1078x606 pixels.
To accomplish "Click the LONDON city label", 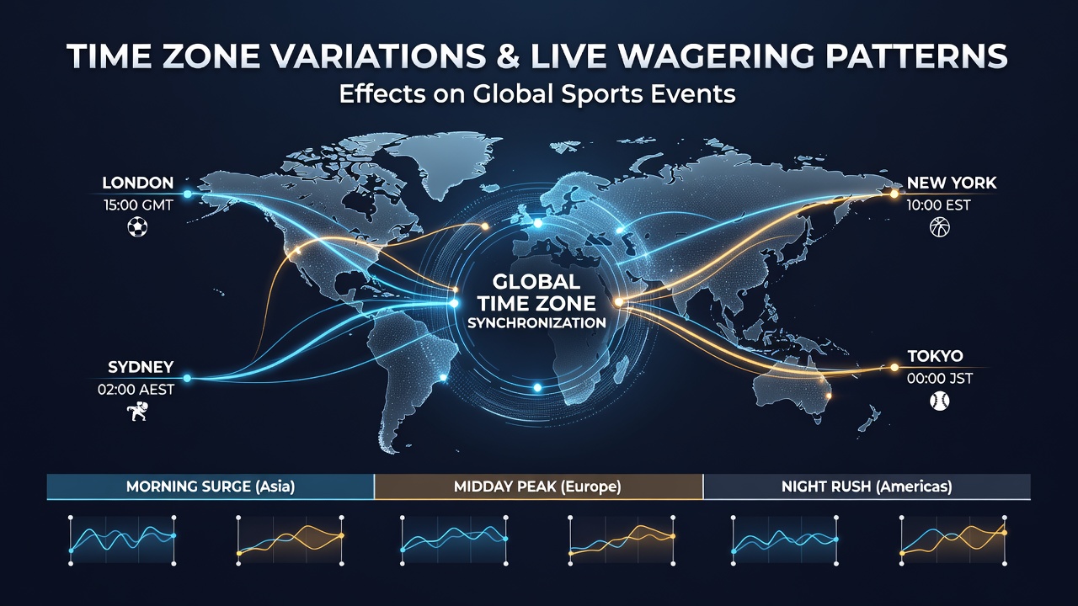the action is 137,183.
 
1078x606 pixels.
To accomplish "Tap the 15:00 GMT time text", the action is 138,205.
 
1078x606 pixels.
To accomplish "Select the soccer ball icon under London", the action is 137,227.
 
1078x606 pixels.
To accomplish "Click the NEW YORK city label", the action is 952,183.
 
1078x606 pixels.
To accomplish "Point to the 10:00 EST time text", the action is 938,205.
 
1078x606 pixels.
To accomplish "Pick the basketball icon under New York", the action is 939,227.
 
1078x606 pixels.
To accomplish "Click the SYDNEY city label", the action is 141,367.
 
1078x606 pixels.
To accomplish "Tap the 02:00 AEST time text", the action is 136,389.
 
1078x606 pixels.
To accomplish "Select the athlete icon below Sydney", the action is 137,412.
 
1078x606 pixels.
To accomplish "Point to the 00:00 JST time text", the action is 939,379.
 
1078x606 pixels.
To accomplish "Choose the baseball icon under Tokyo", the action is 939,401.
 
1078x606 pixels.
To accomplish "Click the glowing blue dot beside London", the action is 188,194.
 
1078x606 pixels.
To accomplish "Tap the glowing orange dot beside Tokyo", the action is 894,368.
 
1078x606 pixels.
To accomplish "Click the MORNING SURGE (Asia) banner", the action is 211,486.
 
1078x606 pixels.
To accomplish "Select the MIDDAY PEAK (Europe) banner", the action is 538,486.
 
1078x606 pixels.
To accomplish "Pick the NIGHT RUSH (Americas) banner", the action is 867,486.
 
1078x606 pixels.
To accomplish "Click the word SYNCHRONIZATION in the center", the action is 536,322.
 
